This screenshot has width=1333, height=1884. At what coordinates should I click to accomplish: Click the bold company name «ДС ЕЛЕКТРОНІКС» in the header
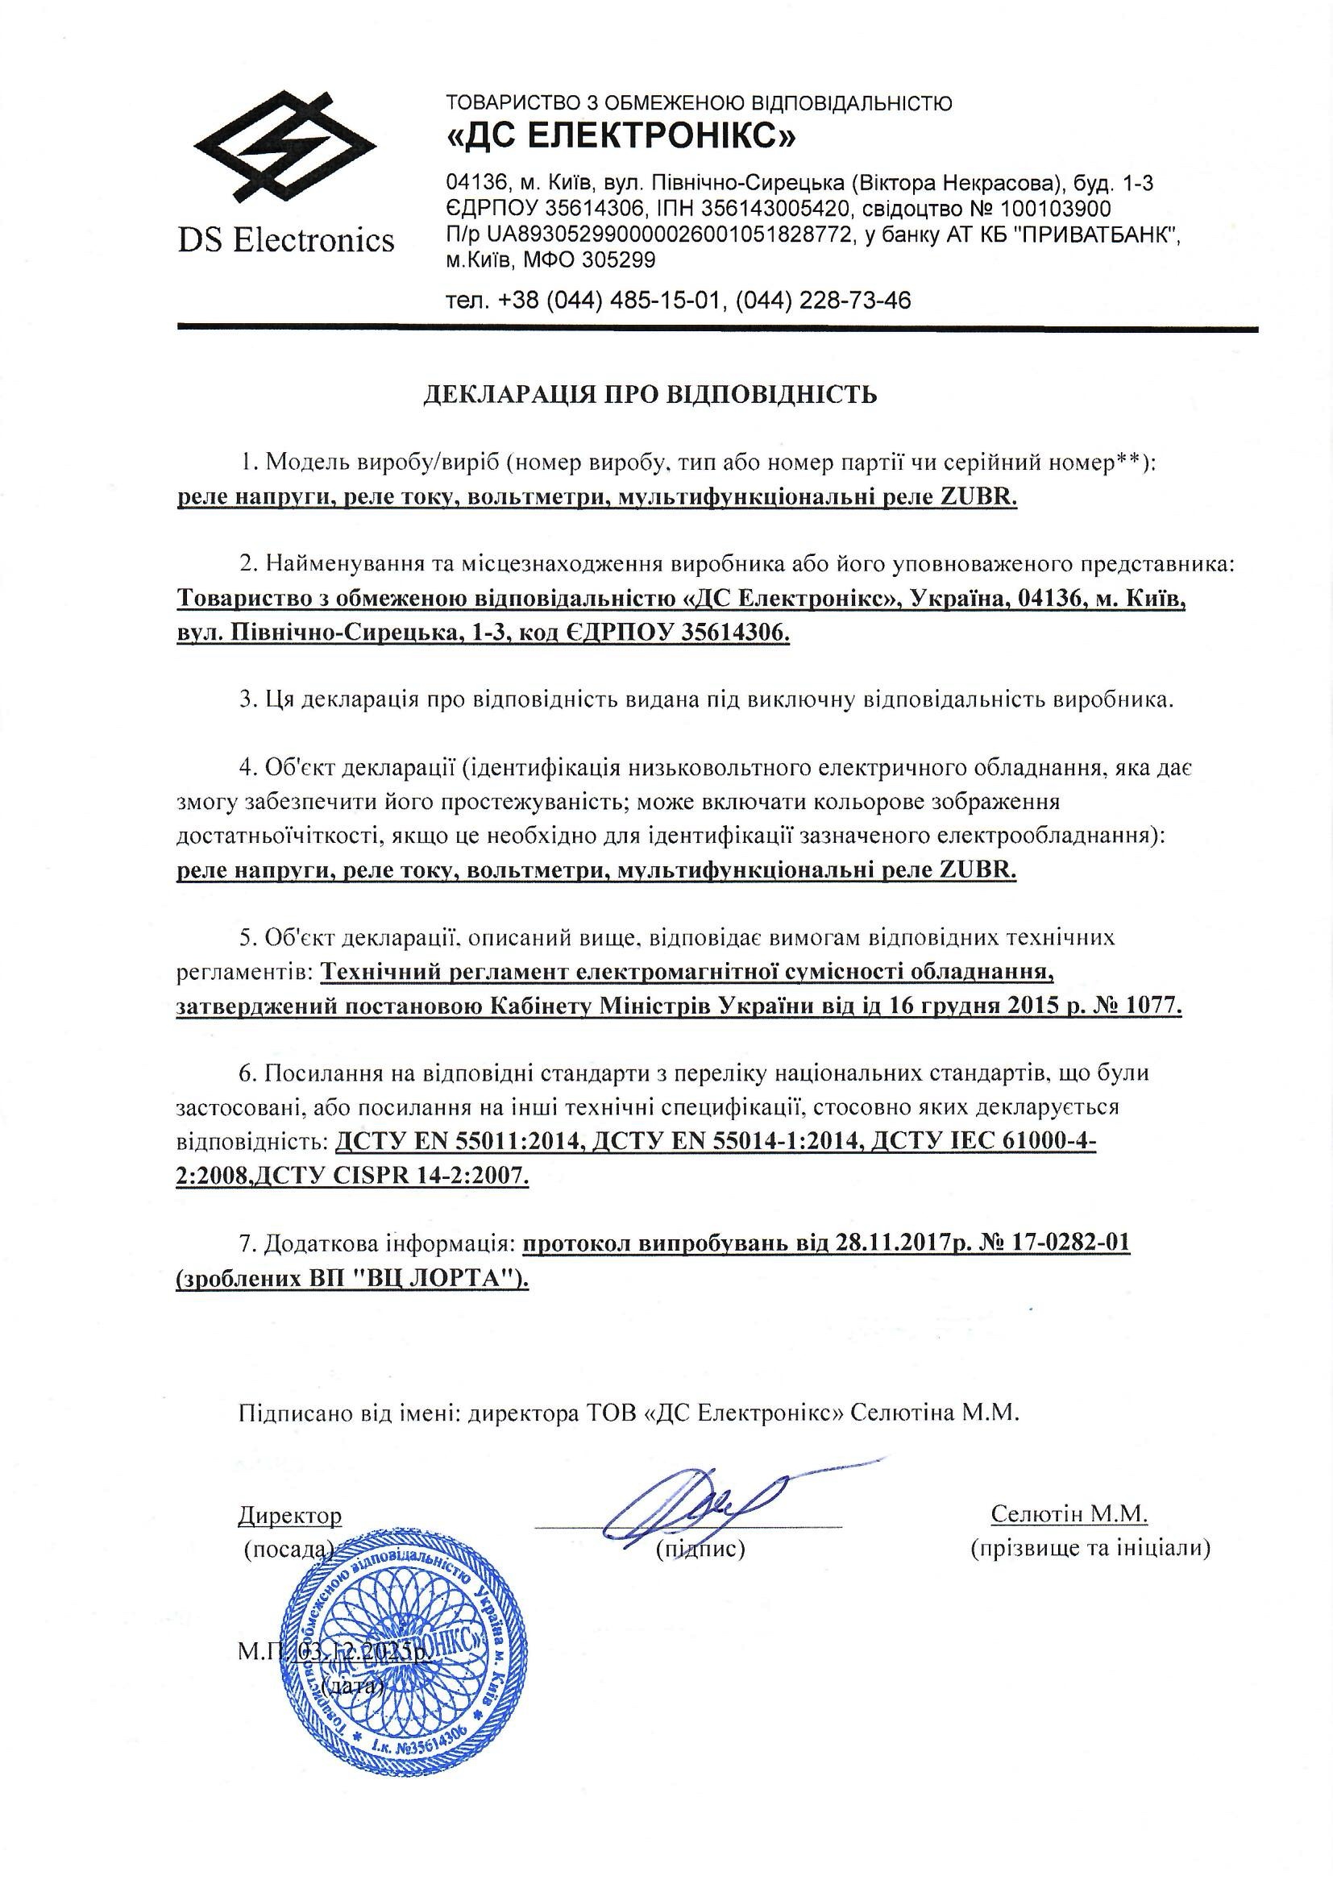coord(621,136)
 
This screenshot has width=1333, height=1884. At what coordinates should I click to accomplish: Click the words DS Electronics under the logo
coord(285,240)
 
